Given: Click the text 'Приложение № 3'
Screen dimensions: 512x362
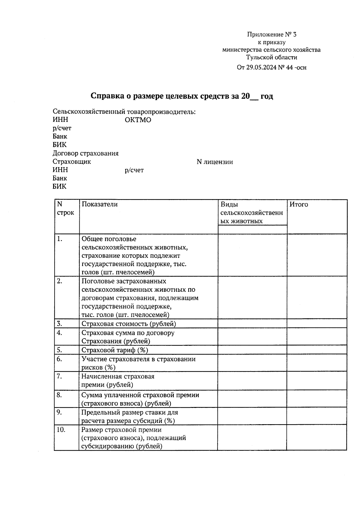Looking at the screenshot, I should [x=272, y=34].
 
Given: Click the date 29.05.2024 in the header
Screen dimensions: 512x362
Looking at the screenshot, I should [x=260, y=68].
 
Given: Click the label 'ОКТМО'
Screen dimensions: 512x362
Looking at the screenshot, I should [x=138, y=120].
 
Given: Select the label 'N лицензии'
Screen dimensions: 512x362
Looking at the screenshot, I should [x=214, y=162].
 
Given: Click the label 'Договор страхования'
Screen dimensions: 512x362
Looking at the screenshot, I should [x=85, y=153].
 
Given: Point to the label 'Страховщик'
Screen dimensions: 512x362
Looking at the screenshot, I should [x=72, y=162].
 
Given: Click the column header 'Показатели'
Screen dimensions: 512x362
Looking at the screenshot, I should [x=100, y=204].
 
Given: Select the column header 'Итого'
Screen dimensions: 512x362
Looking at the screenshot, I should [x=299, y=205].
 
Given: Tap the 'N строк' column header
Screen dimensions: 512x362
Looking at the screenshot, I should [x=65, y=208].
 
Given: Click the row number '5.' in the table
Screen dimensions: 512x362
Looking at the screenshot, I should [x=59, y=350].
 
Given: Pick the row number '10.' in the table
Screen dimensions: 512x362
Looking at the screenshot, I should [x=61, y=430].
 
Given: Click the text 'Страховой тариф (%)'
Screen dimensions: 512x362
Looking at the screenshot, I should [x=115, y=350].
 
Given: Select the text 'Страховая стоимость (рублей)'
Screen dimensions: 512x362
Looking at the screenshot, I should [x=129, y=324].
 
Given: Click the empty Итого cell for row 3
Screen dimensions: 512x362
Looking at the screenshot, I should [x=317, y=324].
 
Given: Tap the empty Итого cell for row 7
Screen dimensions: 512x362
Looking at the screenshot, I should [x=317, y=381].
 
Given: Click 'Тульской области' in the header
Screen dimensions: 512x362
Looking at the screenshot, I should [x=271, y=57].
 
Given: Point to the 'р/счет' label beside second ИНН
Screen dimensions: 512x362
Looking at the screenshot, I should [x=134, y=170].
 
